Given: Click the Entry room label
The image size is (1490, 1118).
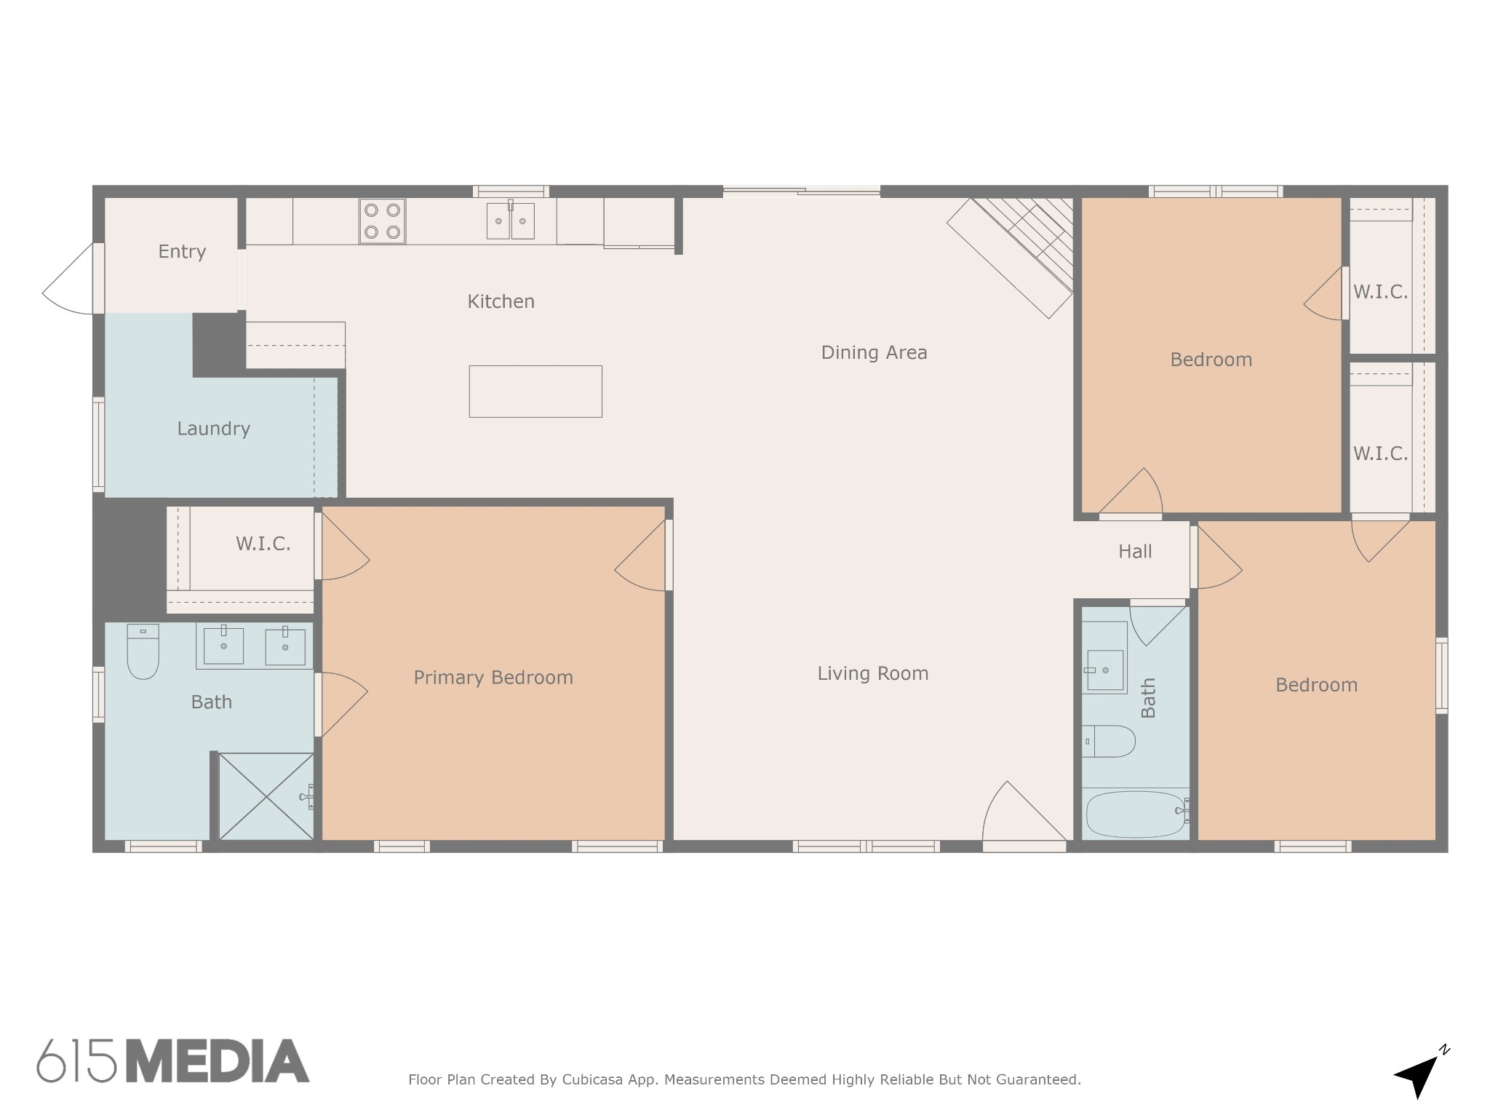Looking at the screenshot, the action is (x=182, y=252).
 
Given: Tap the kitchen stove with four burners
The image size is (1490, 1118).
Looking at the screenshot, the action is (x=382, y=221).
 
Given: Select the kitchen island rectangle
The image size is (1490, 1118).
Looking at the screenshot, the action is (x=535, y=392).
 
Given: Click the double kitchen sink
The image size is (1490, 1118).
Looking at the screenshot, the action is (x=511, y=220).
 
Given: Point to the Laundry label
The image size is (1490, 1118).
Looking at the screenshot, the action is (x=214, y=429).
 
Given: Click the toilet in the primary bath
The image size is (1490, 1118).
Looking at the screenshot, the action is (x=143, y=651).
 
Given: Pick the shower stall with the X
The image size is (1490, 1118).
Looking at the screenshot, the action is (x=266, y=796).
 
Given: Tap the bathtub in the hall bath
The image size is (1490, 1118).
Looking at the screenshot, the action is (x=1136, y=814).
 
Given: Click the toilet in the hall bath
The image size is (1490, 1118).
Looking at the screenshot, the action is (x=1108, y=741).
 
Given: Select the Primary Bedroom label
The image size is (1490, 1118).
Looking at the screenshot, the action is (x=493, y=678).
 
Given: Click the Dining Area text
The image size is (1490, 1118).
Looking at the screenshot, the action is (x=874, y=353).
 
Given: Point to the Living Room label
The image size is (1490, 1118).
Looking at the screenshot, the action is (x=873, y=673).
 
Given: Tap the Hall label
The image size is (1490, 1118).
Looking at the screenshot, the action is (x=1135, y=552).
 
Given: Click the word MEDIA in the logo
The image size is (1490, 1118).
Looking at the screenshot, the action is (x=218, y=1060).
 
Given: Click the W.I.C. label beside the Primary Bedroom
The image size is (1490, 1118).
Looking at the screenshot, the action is (x=263, y=544).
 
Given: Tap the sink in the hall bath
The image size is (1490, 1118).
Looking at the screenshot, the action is (x=1104, y=670).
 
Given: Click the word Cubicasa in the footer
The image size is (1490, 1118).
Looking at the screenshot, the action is (x=592, y=1079).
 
